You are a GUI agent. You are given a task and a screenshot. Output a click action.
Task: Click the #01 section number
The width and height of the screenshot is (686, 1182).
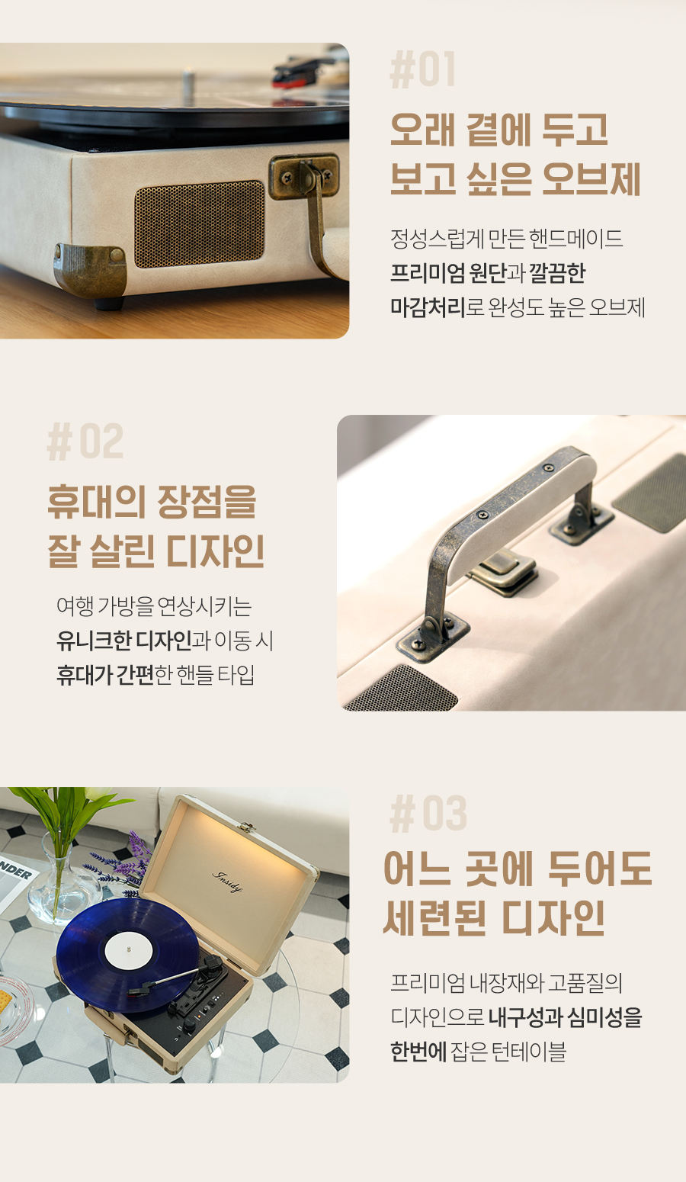click(422, 69)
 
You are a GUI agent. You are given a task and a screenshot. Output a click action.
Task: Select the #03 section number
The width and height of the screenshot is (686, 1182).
click(428, 814)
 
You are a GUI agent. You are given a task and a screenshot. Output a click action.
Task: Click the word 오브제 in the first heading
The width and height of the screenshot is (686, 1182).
click(591, 178)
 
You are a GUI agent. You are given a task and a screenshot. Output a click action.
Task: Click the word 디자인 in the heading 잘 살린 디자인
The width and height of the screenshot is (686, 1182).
click(215, 551)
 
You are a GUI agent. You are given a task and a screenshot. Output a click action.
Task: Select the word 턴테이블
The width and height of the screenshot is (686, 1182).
click(529, 1051)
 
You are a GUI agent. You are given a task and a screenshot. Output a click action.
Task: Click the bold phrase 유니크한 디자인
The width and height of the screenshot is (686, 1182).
click(124, 641)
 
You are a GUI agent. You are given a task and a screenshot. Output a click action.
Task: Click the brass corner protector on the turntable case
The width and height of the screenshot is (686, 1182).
click(90, 269)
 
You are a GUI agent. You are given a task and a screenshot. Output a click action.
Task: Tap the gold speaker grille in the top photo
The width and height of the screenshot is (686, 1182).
click(199, 224)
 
